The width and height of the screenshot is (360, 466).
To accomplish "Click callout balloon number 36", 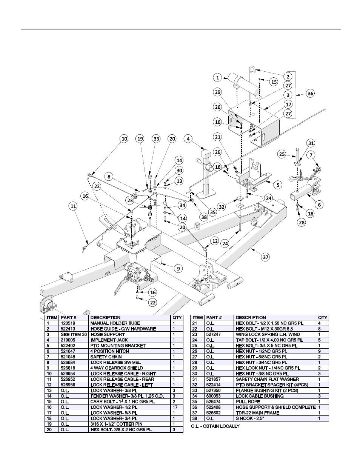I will [310, 94].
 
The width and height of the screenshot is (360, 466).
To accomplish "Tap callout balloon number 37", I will [266, 257].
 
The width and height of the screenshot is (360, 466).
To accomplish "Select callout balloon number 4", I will [188, 139].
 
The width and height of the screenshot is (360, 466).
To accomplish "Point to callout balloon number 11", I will [72, 206].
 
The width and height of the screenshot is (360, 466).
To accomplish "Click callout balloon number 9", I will [177, 269].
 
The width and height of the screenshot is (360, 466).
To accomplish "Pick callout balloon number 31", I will [310, 143].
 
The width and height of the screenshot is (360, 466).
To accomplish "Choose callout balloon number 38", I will [204, 217].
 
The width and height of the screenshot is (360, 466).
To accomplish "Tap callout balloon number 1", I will [217, 77].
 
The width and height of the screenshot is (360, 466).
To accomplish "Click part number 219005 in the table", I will [68, 340].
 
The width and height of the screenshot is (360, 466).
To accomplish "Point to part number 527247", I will [214, 334].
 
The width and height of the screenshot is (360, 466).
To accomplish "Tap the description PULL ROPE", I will [248, 401].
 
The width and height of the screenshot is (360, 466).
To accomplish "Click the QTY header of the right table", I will [323, 317].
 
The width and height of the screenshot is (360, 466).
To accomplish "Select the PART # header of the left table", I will [68, 317].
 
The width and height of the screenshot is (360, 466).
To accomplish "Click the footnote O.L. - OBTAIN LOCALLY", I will [215, 426].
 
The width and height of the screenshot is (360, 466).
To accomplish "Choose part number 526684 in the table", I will [68, 362].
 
